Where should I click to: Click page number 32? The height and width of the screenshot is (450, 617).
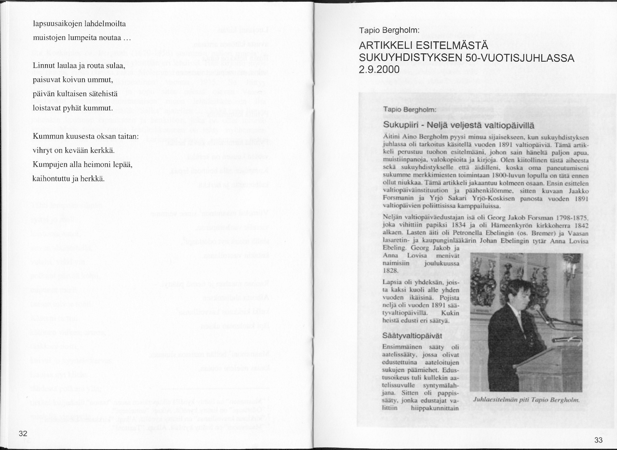tap(23, 433)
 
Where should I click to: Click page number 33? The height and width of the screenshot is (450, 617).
tap(599, 440)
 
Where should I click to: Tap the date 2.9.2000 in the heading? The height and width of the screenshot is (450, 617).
tap(379, 69)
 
